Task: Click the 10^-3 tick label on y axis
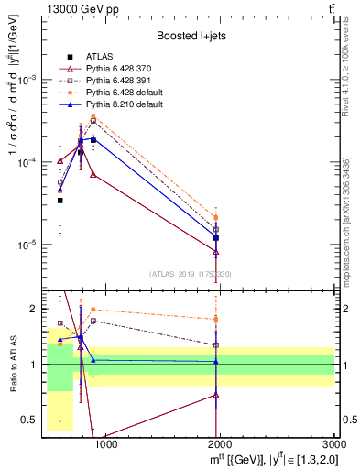click(x=27, y=80)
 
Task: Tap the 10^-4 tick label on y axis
click(x=27, y=162)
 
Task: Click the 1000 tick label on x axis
click(x=105, y=445)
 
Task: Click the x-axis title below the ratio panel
click(x=266, y=459)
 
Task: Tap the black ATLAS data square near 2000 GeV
click(x=216, y=238)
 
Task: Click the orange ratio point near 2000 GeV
click(x=216, y=319)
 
